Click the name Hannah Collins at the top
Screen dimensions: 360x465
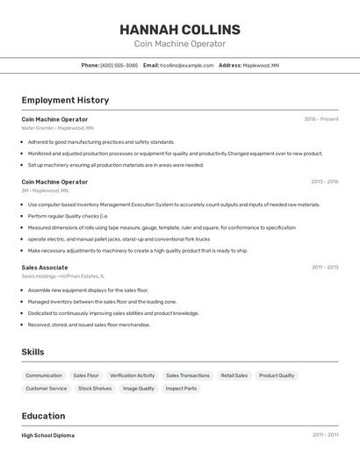(180, 30)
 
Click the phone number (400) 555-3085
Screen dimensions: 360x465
(119, 65)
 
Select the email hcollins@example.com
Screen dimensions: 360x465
(187, 65)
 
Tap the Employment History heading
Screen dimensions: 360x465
(65, 100)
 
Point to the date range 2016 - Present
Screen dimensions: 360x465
(321, 118)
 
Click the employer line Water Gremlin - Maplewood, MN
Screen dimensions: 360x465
(58, 128)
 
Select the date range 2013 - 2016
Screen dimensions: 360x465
(324, 182)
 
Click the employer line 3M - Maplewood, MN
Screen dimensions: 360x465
(45, 190)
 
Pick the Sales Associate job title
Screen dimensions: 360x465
(45, 268)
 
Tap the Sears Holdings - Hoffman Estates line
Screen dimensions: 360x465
(63, 276)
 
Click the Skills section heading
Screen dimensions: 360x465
(33, 352)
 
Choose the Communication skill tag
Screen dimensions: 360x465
(44, 376)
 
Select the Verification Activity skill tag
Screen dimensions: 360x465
(133, 376)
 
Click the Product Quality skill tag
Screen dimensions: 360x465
(277, 376)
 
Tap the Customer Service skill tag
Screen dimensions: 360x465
(47, 388)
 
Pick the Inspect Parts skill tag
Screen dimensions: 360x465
(182, 388)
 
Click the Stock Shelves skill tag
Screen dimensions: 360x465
(95, 388)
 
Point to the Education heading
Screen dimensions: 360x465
(44, 416)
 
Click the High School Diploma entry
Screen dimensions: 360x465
(48, 435)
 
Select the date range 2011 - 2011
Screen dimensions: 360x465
(325, 435)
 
